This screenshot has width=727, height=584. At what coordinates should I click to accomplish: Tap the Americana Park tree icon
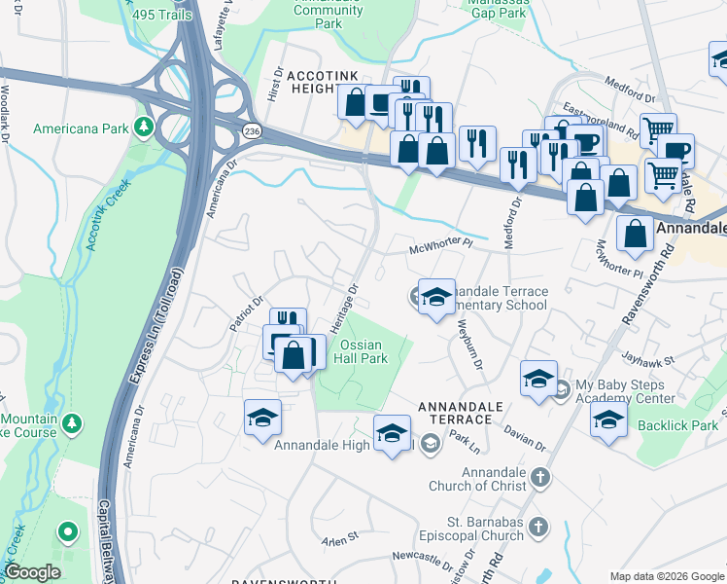tap(144, 128)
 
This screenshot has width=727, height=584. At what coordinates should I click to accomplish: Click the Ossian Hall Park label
tap(361, 351)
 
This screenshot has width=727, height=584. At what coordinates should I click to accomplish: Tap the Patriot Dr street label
tap(247, 314)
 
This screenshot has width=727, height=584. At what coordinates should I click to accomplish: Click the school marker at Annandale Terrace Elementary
tap(436, 296)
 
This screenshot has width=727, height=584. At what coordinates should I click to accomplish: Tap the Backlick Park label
tap(677, 426)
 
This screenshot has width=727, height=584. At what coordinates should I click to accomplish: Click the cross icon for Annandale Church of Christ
tap(540, 478)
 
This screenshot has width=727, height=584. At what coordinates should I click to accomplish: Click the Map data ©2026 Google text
tap(667, 576)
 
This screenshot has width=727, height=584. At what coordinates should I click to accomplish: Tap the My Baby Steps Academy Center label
tap(625, 391)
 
